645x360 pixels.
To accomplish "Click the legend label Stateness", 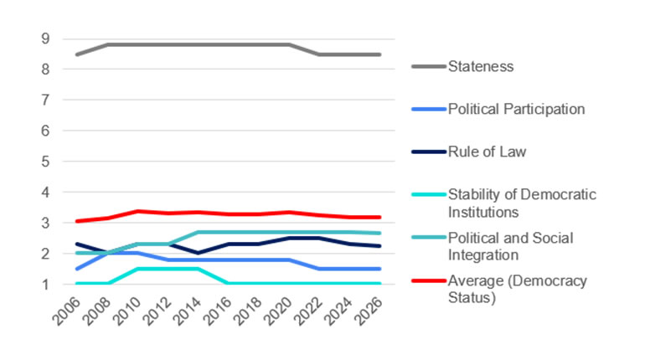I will [x=482, y=65].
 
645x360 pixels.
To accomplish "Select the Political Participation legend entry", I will [x=516, y=109].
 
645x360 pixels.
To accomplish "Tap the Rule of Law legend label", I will [x=488, y=152].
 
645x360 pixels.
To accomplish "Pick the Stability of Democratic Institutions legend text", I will [x=522, y=203].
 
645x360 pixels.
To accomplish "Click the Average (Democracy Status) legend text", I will [x=517, y=289].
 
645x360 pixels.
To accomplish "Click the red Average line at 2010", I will [x=138, y=211].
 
